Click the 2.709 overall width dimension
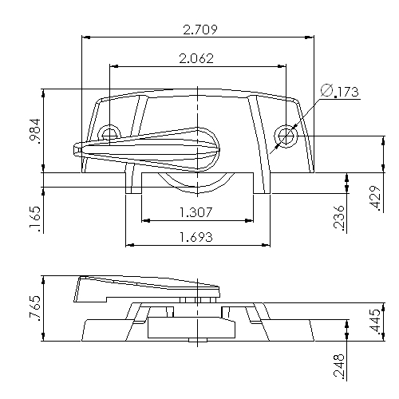click(201, 30)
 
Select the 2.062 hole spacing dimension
click(196, 58)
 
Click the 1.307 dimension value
click(196, 212)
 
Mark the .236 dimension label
click(338, 217)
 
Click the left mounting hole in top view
click(109, 132)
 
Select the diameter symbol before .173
click(327, 91)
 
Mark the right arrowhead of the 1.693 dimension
click(266, 244)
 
